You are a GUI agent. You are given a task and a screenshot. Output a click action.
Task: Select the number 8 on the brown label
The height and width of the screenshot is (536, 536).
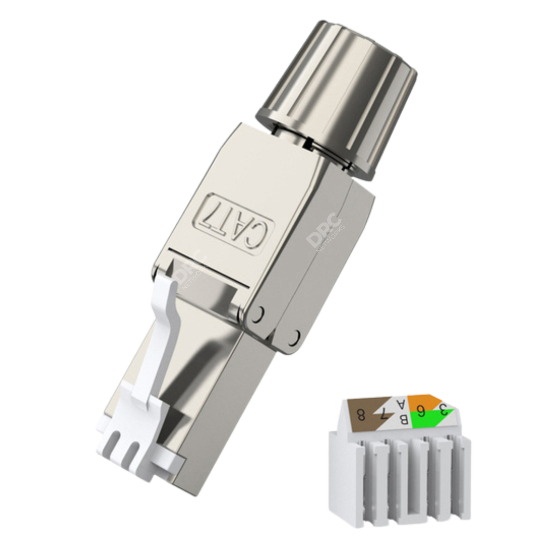361,415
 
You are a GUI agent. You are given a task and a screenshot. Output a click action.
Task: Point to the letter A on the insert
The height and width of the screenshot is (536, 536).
400,404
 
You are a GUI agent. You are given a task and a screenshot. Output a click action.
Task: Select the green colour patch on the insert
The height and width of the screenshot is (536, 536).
432,419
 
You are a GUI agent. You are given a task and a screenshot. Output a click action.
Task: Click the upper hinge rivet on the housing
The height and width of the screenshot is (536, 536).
258,314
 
